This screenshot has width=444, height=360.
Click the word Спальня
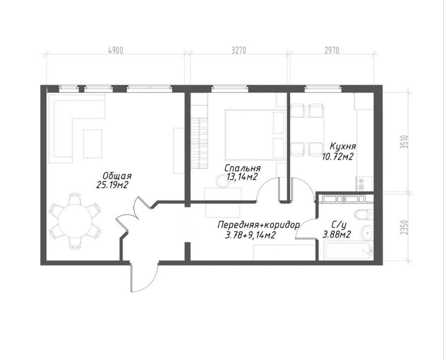tap(242, 168)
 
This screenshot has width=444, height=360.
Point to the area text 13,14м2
tap(242, 177)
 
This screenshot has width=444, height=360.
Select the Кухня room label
tap(343, 147)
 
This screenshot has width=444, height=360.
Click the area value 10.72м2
tap(337, 157)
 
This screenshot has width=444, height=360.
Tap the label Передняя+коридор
tap(258, 225)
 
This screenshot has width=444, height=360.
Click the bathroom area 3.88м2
tap(337, 234)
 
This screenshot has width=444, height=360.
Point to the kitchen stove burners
tap(361, 183)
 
